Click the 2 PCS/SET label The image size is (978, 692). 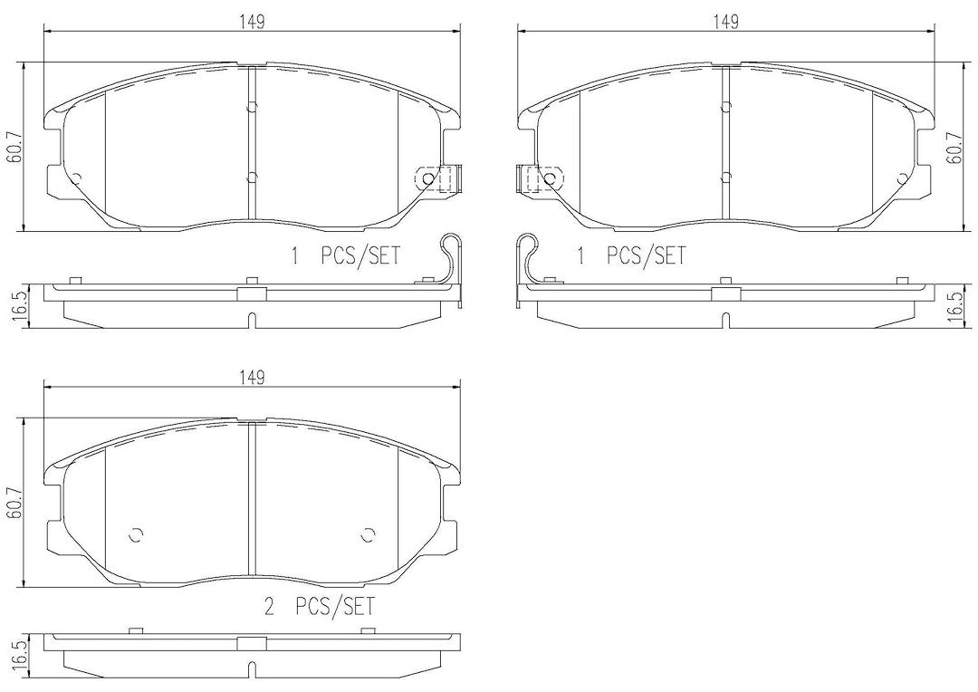[x=320, y=607]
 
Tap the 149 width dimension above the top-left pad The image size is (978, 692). [x=252, y=21]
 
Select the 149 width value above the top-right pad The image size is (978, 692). [x=726, y=21]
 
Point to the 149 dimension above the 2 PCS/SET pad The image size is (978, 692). [x=252, y=377]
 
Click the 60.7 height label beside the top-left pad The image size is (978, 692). [x=14, y=148]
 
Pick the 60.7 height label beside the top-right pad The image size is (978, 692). [x=954, y=148]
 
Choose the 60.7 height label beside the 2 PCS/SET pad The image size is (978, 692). [x=14, y=502]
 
